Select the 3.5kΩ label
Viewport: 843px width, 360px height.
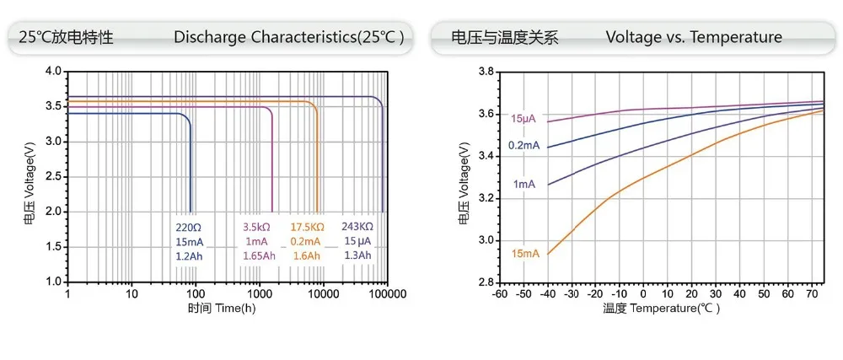[257, 228]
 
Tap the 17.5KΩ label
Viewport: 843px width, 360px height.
[308, 228]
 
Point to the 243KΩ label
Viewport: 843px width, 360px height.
[357, 227]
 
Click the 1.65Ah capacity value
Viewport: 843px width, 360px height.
[259, 255]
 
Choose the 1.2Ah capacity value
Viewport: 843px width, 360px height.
[190, 255]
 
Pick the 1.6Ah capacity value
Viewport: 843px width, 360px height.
[306, 255]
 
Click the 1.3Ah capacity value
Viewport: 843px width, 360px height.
[357, 255]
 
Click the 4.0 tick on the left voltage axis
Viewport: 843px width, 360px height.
[53, 72]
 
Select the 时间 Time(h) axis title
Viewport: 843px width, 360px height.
[221, 308]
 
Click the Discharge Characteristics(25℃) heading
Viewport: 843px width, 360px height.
[289, 37]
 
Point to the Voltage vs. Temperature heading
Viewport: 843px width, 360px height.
[694, 37]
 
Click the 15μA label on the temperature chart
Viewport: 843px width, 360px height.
[524, 119]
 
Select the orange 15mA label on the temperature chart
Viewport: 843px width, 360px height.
[524, 253]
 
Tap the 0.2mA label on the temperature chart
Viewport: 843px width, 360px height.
[523, 146]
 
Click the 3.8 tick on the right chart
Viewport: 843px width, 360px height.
[485, 72]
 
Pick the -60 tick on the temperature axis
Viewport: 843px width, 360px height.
[499, 294]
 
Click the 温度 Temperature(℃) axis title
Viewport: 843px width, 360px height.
[662, 309]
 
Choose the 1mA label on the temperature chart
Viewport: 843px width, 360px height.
[524, 184]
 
